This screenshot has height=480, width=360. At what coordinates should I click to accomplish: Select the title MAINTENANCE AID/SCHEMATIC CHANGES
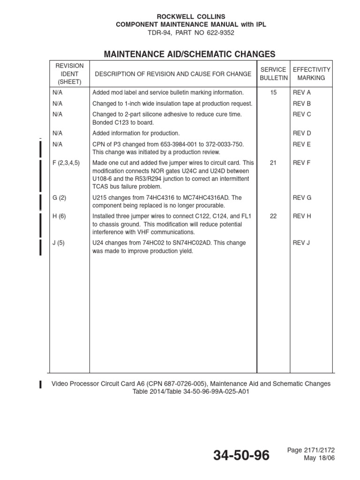coord(189,54)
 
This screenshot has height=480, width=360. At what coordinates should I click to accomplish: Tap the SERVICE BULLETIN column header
coord(273,74)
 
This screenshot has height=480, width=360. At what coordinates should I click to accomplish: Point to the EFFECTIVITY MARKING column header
coord(311,74)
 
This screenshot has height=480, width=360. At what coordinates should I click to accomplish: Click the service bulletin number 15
coord(273,93)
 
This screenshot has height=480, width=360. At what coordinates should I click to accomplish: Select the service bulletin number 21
coord(273,163)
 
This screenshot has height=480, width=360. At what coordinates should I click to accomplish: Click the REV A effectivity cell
coord(302,93)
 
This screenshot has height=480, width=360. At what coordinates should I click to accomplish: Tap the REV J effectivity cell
coord(302,243)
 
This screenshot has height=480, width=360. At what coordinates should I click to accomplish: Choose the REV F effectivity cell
coord(302,163)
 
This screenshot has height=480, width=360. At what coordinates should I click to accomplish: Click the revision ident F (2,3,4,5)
coord(67,163)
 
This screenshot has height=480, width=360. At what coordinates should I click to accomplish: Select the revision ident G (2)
coord(60,198)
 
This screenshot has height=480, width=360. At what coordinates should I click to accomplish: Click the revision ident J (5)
coord(59,243)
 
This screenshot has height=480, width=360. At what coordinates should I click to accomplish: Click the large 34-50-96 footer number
coord(241,455)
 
